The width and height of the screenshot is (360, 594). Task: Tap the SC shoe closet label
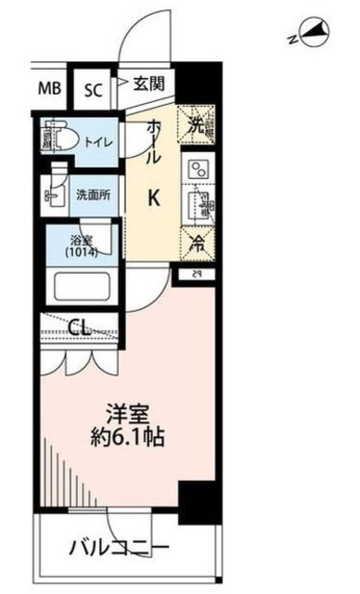click(94, 90)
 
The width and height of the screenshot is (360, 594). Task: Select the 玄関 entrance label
click(148, 84)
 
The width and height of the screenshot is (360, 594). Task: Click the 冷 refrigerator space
click(199, 246)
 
